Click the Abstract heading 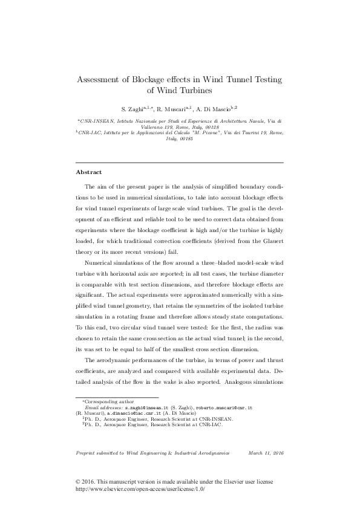(x=88, y=172)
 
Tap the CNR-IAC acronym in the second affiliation (x=94, y=133)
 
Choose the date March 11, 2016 (x=266, y=453)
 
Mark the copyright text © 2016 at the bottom (x=87, y=482)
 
